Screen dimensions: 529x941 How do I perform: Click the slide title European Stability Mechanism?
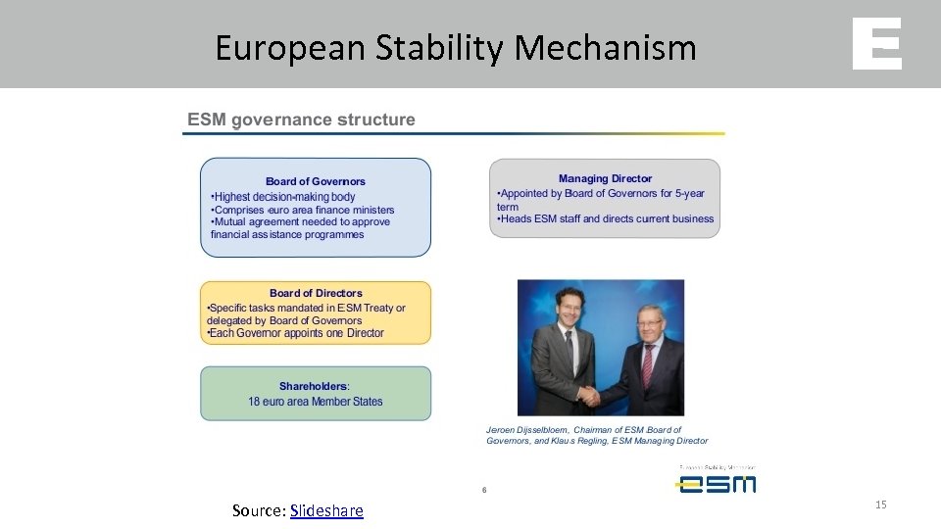point(456,47)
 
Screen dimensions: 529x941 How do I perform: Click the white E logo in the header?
point(876,44)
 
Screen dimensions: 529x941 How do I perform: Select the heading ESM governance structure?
point(301,120)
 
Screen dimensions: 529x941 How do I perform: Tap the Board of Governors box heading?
point(315,181)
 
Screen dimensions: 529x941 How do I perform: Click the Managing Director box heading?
point(605,178)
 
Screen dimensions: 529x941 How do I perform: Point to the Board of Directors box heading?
point(316,293)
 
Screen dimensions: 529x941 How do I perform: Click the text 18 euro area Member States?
point(316,402)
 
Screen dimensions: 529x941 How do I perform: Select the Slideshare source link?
point(326,510)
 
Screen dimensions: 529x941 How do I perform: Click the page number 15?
point(880,504)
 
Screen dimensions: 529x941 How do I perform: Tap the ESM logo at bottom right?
point(716,482)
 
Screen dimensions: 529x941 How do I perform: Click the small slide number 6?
point(484,490)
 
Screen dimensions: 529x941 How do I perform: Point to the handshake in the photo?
point(588,395)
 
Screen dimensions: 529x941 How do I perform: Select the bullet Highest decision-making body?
point(283,197)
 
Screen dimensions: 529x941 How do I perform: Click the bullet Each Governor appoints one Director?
point(296,333)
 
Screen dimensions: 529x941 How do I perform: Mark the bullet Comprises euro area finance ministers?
point(303,210)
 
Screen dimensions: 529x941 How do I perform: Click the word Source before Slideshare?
point(257,510)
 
